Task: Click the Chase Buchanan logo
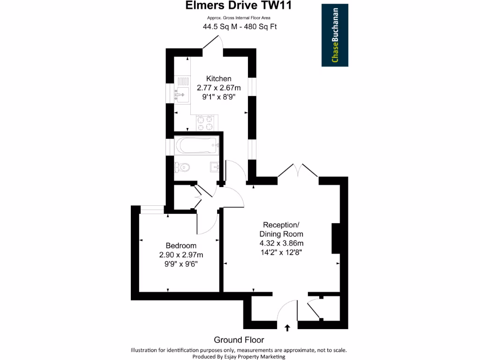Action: [x=335, y=35]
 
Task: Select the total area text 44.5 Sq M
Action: [x=218, y=27]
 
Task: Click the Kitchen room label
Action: [x=219, y=78]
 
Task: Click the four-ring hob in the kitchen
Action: [x=205, y=123]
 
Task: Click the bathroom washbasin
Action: [x=215, y=167]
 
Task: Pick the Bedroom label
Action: [x=181, y=246]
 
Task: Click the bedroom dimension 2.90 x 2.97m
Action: [x=181, y=255]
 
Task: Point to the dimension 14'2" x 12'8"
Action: [x=281, y=252]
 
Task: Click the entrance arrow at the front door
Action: [x=287, y=328]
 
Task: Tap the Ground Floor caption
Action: [x=239, y=340]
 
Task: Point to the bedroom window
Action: [x=152, y=210]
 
